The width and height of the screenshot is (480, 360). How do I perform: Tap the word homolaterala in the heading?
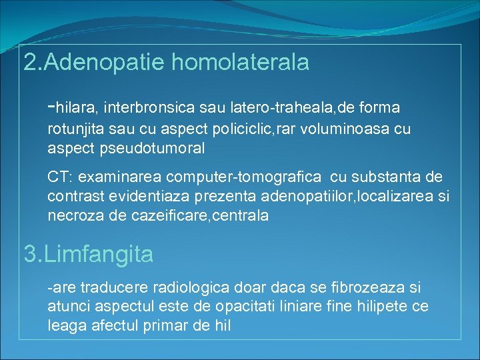(x=241, y=63)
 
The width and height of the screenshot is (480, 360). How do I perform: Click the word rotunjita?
(x=75, y=129)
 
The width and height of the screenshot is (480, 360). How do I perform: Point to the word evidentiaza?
(x=193, y=197)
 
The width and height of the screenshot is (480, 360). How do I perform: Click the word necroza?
(x=75, y=217)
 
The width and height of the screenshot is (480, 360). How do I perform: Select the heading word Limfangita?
(x=99, y=254)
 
